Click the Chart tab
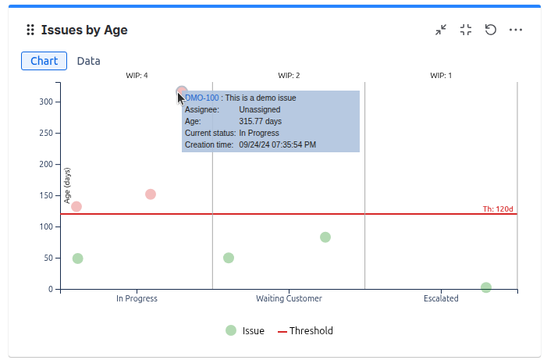point(44,61)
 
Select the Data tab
point(88,61)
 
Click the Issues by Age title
point(84,30)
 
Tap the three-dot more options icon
point(516,30)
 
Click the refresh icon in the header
point(491,30)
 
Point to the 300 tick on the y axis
point(47,102)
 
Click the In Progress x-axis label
point(137,298)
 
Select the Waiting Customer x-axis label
point(289,298)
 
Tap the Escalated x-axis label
point(441,298)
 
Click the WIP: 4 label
point(137,76)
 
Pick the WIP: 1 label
point(441,76)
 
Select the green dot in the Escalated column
point(486,287)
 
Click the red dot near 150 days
point(151,194)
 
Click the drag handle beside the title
point(30,30)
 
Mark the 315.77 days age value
point(260,122)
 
